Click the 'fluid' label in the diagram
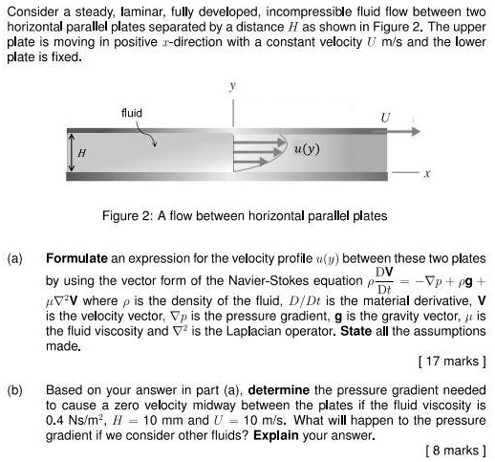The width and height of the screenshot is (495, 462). point(132,113)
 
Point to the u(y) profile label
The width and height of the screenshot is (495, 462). point(308,149)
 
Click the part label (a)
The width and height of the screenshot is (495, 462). point(14,259)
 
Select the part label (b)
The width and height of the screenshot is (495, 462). point(14,391)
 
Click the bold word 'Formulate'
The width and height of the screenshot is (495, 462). point(78,259)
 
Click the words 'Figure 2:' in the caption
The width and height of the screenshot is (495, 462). point(129,216)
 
